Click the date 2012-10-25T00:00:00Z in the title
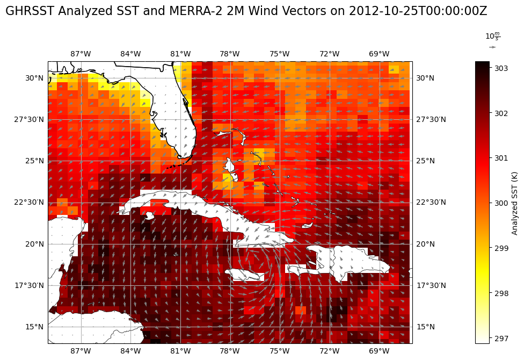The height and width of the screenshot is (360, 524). click(418, 11)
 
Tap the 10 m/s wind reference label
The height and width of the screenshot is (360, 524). click(492, 37)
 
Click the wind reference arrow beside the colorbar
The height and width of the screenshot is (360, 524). click(492, 47)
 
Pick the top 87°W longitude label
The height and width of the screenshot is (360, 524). click(81, 54)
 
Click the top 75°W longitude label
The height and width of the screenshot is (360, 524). click(280, 54)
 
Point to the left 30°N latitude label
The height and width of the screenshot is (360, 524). click(34, 78)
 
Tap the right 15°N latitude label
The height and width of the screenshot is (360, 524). click(426, 327)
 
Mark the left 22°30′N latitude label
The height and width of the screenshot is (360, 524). click(28, 202)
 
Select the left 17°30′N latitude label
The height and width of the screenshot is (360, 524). click(28, 285)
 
